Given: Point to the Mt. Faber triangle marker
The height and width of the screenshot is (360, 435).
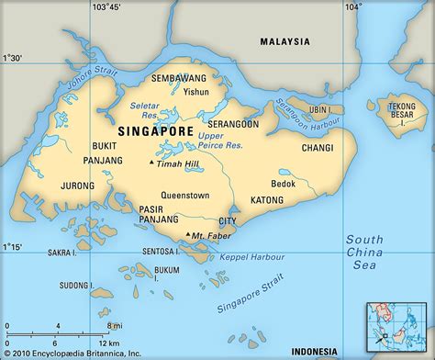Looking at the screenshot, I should coord(188,235).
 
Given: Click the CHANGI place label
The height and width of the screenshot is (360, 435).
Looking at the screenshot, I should coord(318,146).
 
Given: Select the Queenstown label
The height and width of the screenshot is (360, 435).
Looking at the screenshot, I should coord(185,195).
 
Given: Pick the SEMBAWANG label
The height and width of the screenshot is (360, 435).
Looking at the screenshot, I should coord(180,78).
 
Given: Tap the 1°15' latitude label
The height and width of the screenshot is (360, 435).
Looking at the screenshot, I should coord(13,247).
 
